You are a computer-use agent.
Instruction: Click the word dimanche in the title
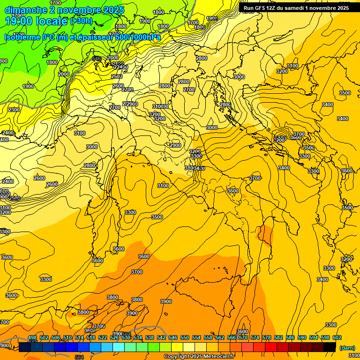(x=23, y=10)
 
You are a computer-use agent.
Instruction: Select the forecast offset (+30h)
(x=81, y=21)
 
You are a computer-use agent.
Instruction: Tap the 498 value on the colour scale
(x=32, y=337)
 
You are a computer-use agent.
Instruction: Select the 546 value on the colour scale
(x=173, y=337)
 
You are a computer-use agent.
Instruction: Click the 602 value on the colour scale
(x=337, y=337)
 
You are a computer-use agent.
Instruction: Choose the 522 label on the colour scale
(x=103, y=337)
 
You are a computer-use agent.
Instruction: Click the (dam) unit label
(x=347, y=348)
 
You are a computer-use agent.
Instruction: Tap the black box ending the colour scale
(x=330, y=347)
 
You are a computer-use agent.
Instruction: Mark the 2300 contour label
(x=14, y=110)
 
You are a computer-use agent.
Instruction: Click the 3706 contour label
(x=99, y=326)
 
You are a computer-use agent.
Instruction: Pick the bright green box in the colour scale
(x=154, y=347)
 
